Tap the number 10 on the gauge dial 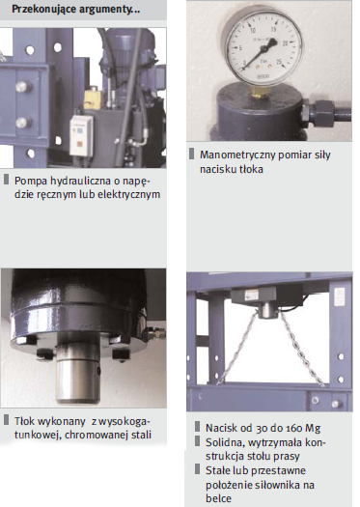[x=253, y=31]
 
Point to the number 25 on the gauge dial [x=279, y=62]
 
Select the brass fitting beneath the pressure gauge [x=260, y=92]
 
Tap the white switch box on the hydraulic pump [x=81, y=135]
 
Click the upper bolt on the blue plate [x=22, y=87]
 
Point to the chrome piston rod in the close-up [x=78, y=375]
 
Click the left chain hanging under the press [x=238, y=350]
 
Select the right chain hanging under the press [x=302, y=350]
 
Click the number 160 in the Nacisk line [x=292, y=429]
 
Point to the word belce [x=218, y=498]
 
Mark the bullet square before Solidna [x=198, y=441]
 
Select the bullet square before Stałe [x=198, y=469]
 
